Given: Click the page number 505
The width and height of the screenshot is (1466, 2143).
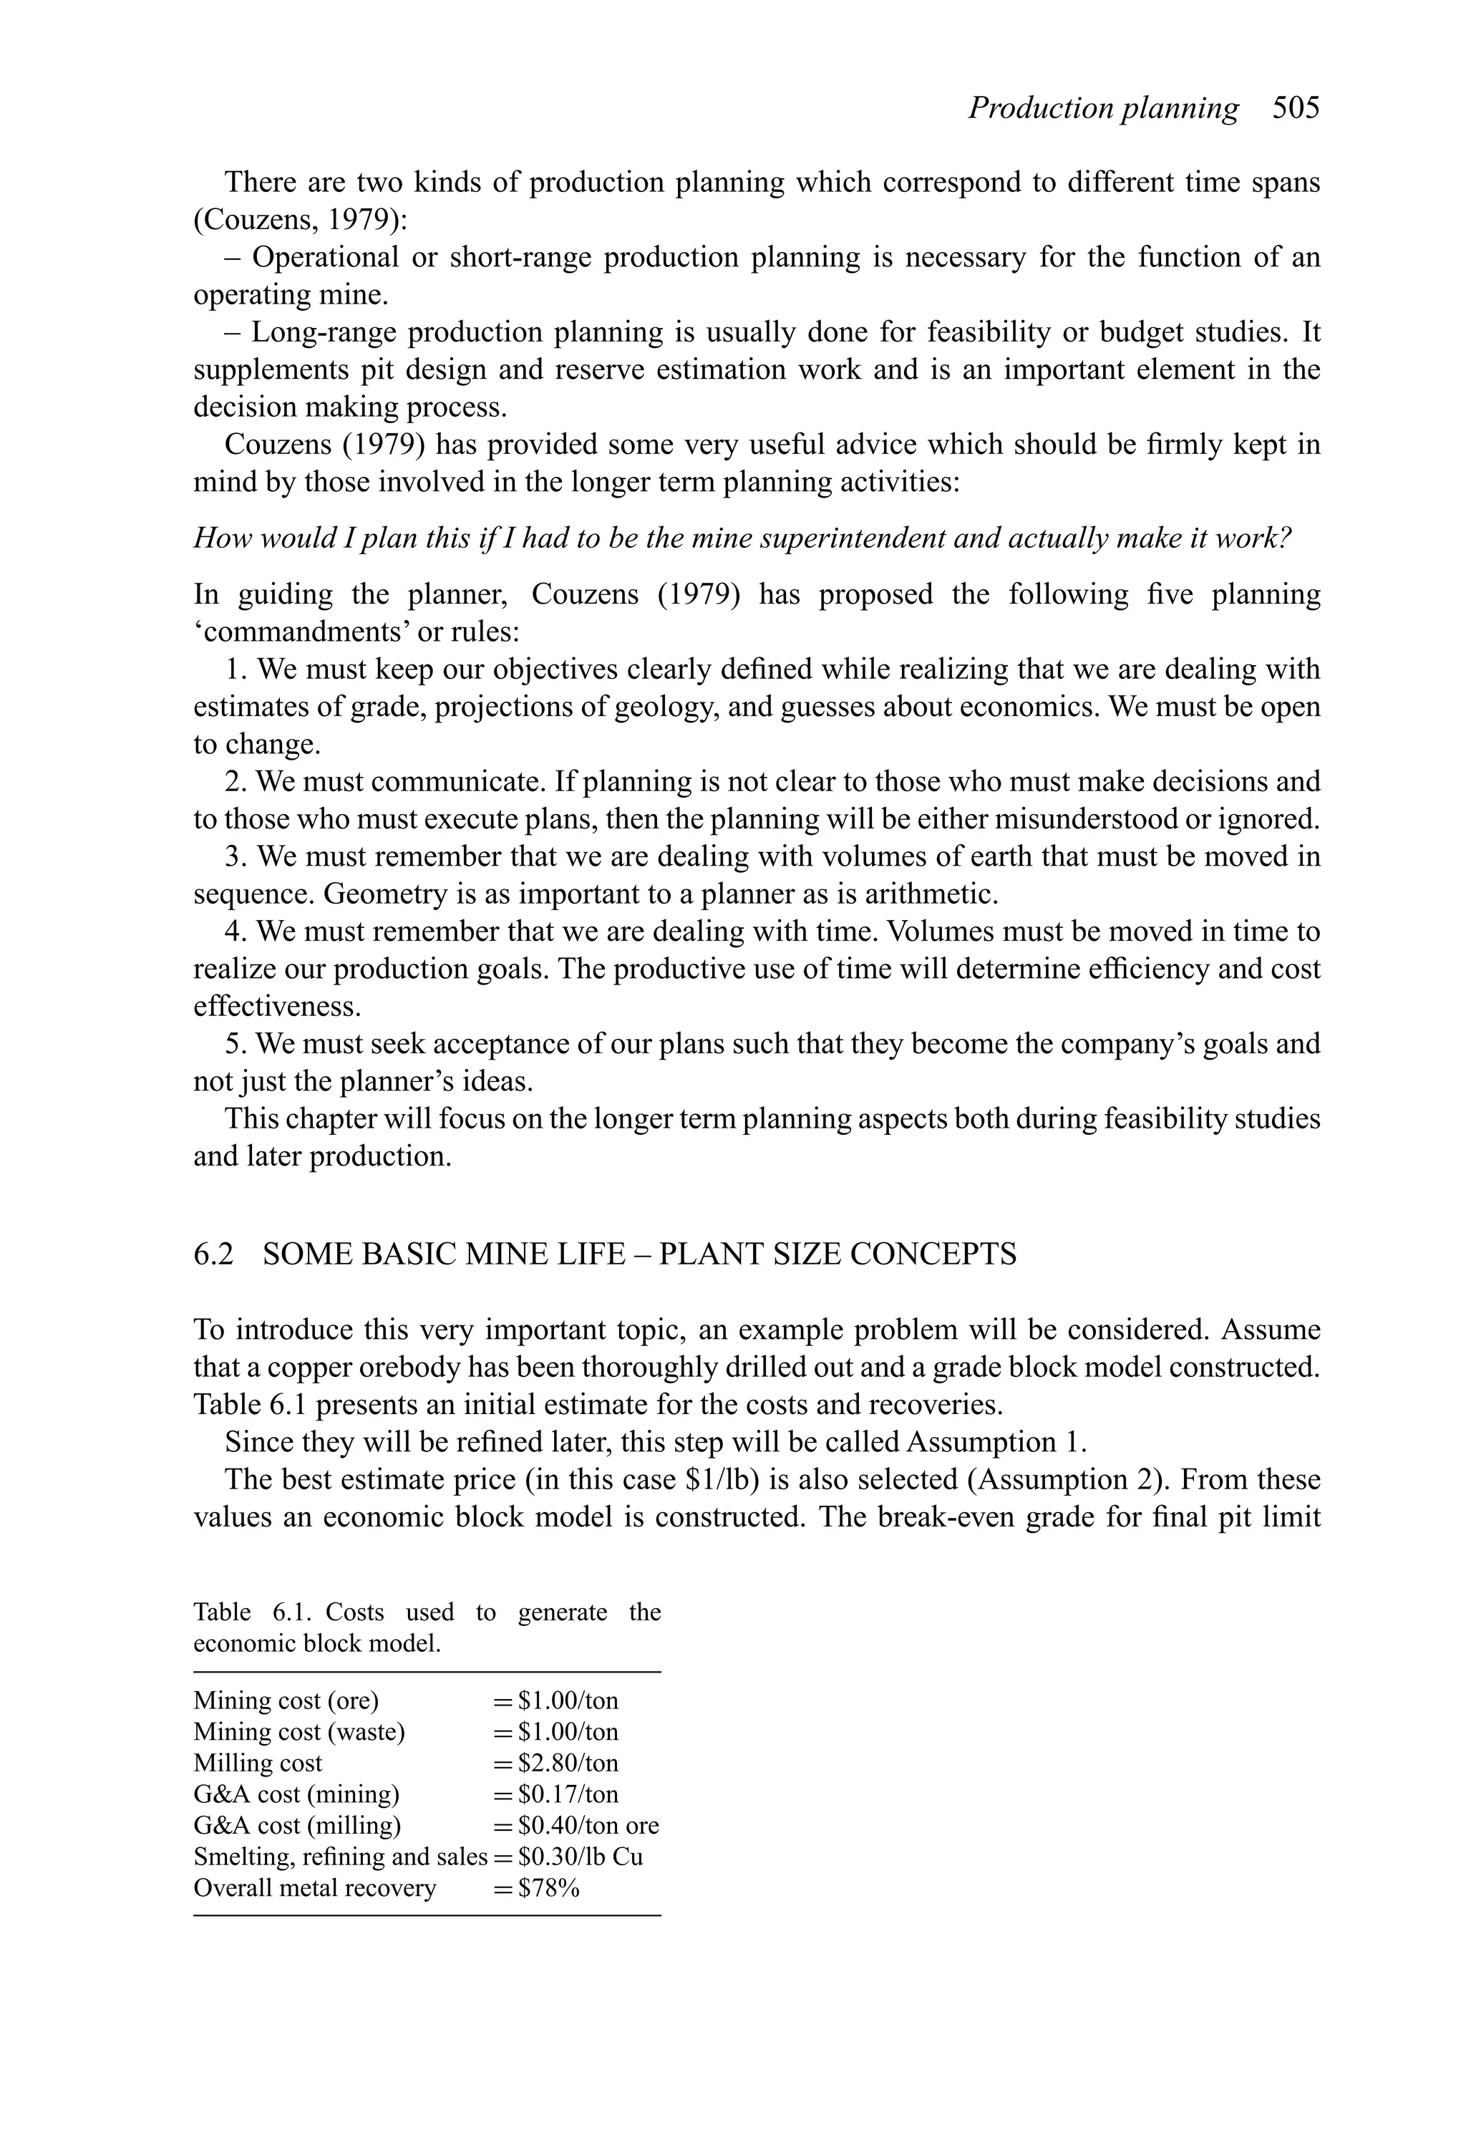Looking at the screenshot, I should pos(1296,109).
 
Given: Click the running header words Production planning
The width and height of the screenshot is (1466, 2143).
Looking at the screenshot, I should pos(1103,109).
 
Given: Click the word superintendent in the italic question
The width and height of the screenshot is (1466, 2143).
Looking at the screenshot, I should pos(853,538).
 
